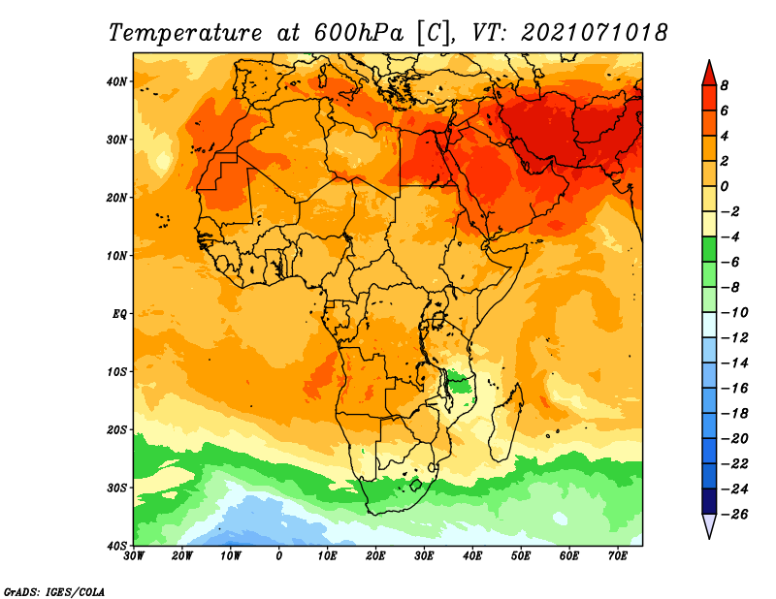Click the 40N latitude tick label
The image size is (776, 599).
pyautogui.click(x=115, y=81)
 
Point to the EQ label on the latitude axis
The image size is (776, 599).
pyautogui.click(x=118, y=314)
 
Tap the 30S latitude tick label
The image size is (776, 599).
pyautogui.click(x=116, y=489)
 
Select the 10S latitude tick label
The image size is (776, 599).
pyautogui.click(x=116, y=372)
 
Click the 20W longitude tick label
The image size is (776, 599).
pyautogui.click(x=181, y=556)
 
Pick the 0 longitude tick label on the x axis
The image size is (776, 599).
pyautogui.click(x=279, y=556)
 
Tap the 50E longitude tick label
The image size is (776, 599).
pyautogui.click(x=521, y=556)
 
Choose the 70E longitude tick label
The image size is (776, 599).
pyautogui.click(x=618, y=556)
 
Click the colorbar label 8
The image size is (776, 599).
pyautogui.click(x=724, y=85)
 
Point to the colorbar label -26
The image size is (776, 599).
pyautogui.click(x=734, y=515)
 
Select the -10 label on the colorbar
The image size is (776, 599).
pyautogui.click(x=734, y=313)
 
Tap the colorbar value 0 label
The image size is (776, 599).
pyautogui.click(x=724, y=186)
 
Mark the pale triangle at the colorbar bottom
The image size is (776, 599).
pyautogui.click(x=709, y=524)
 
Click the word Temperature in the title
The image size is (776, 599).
pyautogui.click(x=185, y=34)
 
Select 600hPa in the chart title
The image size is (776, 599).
pyautogui.click(x=359, y=33)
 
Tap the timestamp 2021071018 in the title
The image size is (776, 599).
pyautogui.click(x=594, y=33)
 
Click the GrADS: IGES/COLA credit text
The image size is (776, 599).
pyautogui.click(x=54, y=592)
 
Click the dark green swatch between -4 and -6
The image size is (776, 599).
pyautogui.click(x=709, y=249)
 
